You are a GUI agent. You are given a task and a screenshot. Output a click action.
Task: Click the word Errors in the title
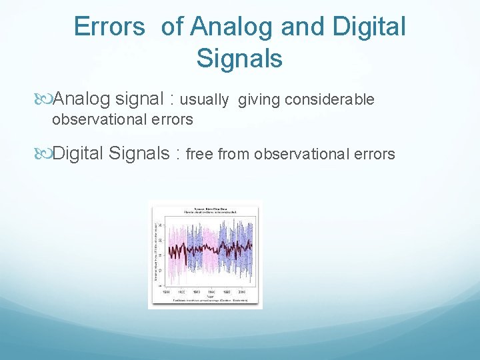pos(109,27)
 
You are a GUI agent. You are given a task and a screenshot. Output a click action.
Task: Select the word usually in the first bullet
pos(205,100)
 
